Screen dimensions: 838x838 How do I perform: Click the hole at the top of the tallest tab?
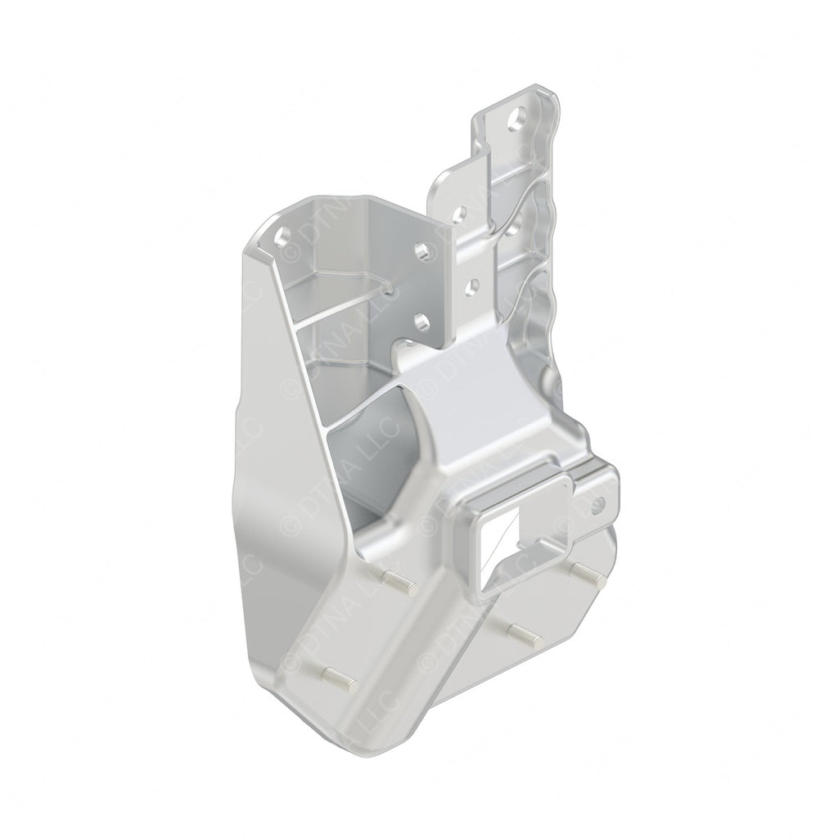click(x=516, y=123)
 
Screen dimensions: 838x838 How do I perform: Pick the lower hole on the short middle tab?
click(x=472, y=286)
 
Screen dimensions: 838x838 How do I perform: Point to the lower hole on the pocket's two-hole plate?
click(x=420, y=318)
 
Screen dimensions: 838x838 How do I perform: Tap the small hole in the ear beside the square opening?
click(x=597, y=505)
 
